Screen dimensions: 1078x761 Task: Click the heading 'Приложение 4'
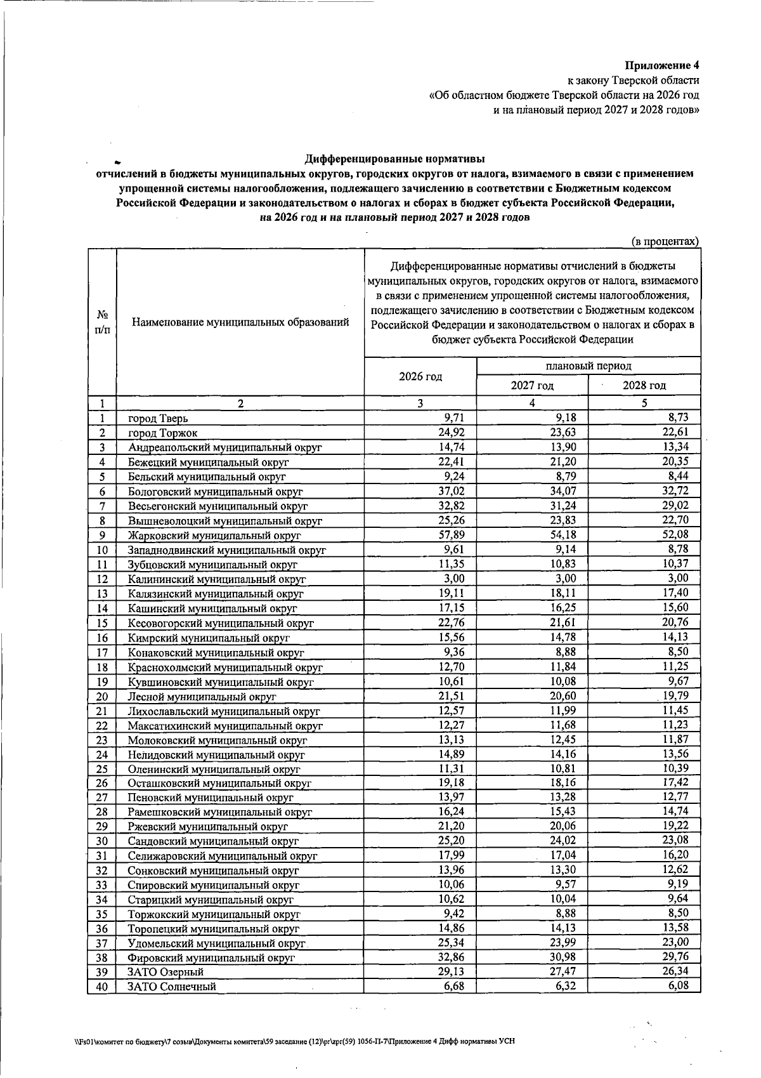coord(661,65)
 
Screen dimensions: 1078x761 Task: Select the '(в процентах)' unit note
coord(665,241)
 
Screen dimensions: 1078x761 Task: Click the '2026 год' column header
coord(420,376)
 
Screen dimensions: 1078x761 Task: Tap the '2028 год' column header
coord(644,385)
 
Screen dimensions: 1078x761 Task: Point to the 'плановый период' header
coord(588,366)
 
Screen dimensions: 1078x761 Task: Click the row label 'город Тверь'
coord(158,418)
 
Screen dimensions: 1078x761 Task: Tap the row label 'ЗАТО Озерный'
coord(166,971)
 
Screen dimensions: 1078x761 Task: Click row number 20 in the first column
coord(102,697)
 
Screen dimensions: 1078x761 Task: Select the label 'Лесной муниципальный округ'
coord(202,697)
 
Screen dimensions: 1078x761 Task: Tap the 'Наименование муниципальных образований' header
coord(240,322)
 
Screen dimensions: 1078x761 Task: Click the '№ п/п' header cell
coord(102,322)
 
